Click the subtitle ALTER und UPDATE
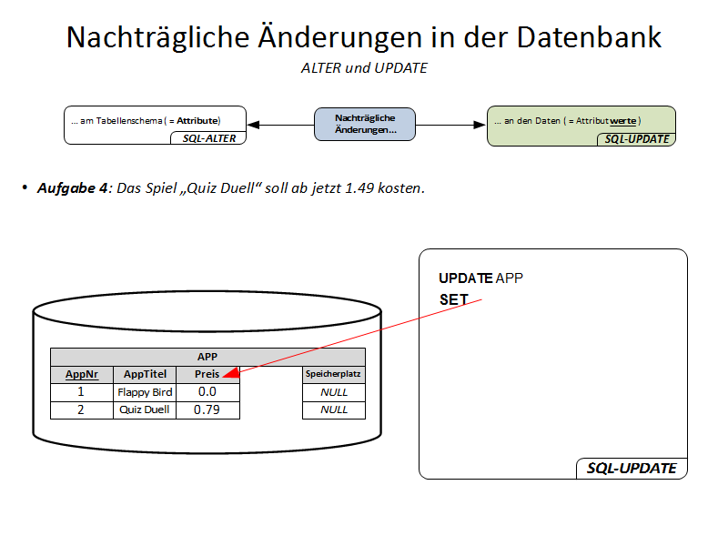pos(364,68)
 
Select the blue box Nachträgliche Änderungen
pos(365,125)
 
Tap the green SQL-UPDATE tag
pos(637,139)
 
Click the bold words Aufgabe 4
pos(72,188)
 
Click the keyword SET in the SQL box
pos(453,299)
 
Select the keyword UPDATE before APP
pos(465,278)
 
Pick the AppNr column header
pos(81,374)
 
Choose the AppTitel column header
pos(145,374)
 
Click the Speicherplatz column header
pos(333,374)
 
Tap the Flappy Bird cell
pos(145,392)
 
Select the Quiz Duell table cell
pos(145,409)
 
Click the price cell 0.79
pos(207,409)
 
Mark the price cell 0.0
pos(207,392)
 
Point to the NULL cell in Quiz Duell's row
pos(333,409)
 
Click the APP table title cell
pos(207,357)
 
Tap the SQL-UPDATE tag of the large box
pos(631,469)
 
